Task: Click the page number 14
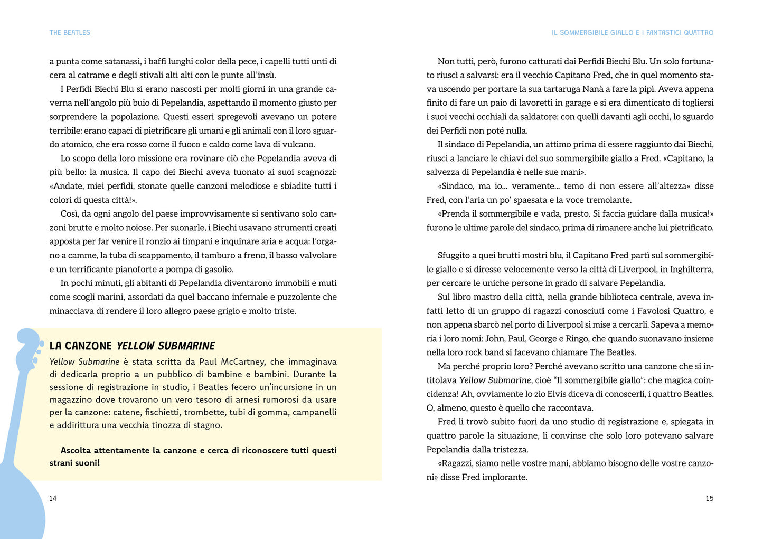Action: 53,498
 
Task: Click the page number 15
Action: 709,498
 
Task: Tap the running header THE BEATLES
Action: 70,33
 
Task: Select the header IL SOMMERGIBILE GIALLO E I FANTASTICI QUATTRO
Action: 632,33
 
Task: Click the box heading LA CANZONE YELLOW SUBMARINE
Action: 132,346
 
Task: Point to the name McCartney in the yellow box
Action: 243,362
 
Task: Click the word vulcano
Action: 298,145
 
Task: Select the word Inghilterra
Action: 692,269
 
